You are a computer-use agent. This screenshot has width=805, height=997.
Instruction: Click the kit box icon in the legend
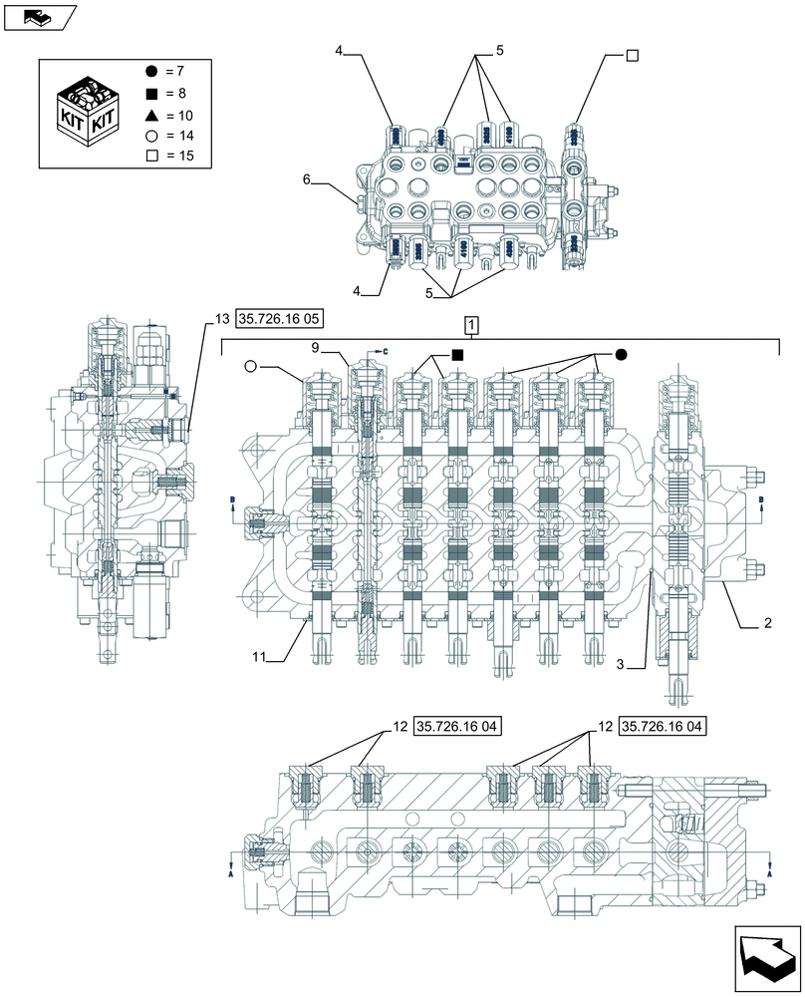pos(86,112)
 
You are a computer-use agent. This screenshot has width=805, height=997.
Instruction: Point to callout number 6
pos(308,179)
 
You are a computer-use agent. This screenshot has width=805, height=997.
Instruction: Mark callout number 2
pos(768,623)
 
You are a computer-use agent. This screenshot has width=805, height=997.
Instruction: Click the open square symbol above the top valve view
pos(632,56)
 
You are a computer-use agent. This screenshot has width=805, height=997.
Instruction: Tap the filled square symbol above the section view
pos(456,354)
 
